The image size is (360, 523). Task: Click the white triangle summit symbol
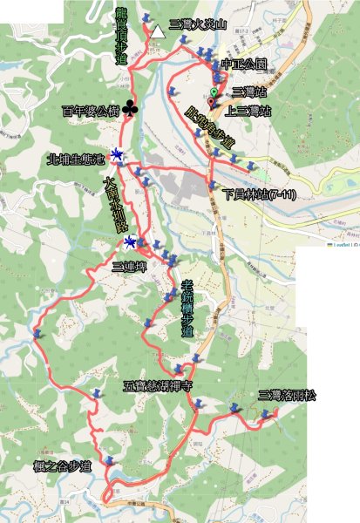pos(157,32)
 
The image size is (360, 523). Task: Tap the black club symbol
pos(130,109)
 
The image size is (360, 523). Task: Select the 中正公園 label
pos(244,65)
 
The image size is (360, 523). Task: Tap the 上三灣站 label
pos(248,112)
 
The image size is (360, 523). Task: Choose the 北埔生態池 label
pos(76,160)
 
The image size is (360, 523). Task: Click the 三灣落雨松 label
pos(287,396)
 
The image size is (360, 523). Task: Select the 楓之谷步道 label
pos(61,467)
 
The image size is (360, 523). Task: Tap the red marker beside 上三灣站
pos(210,102)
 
